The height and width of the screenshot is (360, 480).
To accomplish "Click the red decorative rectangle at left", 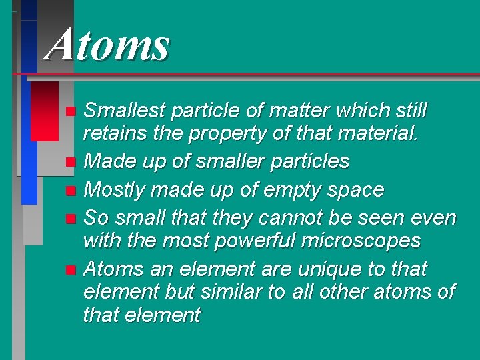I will (44, 111).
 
